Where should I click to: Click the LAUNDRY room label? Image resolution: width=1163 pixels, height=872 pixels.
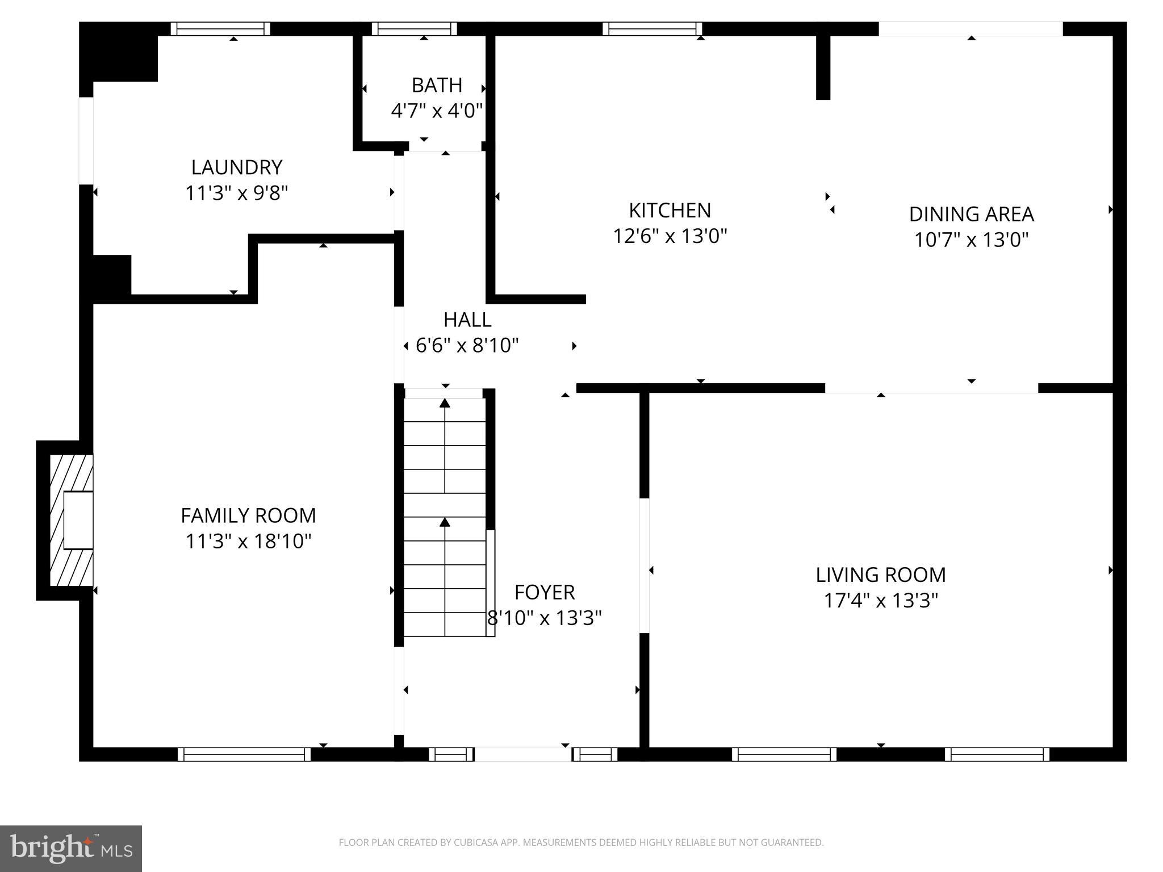click(x=236, y=167)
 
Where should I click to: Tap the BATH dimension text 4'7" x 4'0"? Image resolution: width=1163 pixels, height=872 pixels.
click(x=437, y=110)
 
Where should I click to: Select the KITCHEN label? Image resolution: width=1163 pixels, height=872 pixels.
click(x=670, y=211)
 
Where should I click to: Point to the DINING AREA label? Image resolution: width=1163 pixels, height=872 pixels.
click(x=971, y=214)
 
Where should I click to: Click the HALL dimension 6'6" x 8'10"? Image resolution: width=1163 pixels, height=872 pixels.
click(x=467, y=345)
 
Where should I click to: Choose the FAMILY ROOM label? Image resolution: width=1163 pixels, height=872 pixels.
click(x=248, y=515)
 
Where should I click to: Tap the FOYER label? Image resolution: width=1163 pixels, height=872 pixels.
click(x=545, y=592)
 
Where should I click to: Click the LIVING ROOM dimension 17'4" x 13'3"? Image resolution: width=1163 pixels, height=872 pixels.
click(x=881, y=601)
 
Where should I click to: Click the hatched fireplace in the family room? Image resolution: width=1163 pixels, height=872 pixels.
click(x=71, y=520)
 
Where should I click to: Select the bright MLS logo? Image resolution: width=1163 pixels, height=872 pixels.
click(x=71, y=848)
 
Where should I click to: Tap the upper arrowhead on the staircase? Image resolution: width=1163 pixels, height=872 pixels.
click(x=445, y=403)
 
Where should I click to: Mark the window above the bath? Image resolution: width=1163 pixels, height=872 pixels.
click(x=415, y=29)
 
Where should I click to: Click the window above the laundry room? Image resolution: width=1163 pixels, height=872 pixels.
click(x=220, y=29)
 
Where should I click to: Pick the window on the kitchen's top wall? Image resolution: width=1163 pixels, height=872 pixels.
click(x=652, y=29)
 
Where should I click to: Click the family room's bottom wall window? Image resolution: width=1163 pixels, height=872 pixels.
click(x=244, y=754)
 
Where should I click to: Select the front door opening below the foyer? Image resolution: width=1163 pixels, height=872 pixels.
click(x=523, y=754)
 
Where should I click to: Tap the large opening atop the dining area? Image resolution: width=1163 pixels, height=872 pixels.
click(x=970, y=29)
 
